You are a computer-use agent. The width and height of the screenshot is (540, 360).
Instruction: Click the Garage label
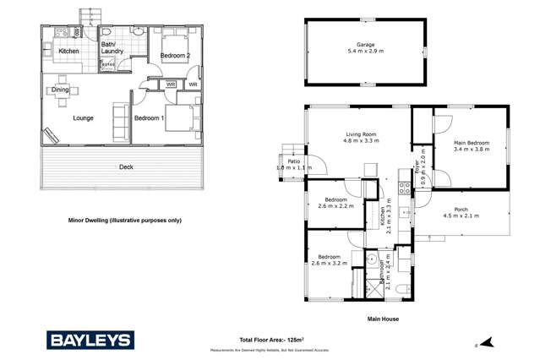click(x=365, y=44)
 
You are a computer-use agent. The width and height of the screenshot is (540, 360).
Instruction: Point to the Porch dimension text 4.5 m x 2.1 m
click(x=461, y=215)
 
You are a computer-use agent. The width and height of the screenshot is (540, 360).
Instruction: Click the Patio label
click(x=293, y=161)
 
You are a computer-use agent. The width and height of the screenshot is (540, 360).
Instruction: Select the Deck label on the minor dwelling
click(x=126, y=167)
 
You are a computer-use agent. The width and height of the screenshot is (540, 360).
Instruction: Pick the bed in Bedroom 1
click(x=181, y=118)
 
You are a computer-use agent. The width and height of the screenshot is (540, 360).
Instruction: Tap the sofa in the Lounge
click(x=117, y=123)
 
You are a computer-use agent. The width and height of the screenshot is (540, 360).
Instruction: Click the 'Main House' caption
click(x=382, y=319)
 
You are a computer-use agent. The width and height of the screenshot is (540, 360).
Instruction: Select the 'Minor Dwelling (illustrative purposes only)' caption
click(x=125, y=220)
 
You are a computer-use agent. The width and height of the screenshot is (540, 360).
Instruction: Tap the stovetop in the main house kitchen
click(x=403, y=192)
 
